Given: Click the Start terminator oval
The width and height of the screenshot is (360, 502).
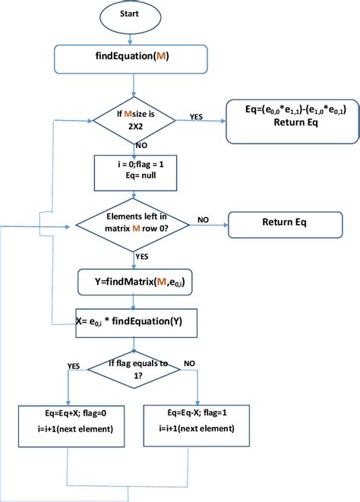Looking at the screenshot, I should click(x=134, y=14).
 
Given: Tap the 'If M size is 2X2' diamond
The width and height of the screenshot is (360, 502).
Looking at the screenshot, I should click(x=134, y=121).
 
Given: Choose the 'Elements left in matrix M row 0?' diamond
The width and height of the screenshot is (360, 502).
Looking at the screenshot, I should click(x=134, y=225).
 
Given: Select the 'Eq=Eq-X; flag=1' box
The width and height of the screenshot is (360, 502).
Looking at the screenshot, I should click(x=198, y=422).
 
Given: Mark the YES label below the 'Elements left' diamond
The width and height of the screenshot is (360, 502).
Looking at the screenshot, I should click(x=142, y=257).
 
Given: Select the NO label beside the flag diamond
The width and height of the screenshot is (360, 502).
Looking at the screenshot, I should click(x=190, y=364).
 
